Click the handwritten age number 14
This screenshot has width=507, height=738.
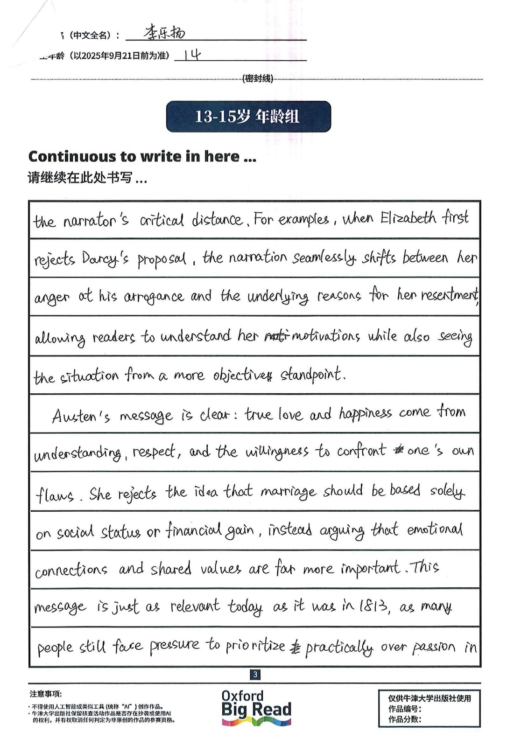click(192, 56)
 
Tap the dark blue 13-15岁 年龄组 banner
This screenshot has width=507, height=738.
click(248, 117)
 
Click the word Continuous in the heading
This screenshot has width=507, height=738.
click(73, 156)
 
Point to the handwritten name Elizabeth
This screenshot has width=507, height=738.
click(408, 218)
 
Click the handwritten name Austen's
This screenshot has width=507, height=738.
click(81, 415)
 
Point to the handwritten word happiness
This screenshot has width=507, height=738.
click(365, 413)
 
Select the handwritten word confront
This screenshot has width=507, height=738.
click(361, 451)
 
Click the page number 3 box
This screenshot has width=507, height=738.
click(255, 674)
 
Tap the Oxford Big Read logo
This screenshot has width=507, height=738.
click(256, 707)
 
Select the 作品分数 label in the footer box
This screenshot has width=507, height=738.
click(405, 719)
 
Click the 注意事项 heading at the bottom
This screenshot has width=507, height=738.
click(45, 694)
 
